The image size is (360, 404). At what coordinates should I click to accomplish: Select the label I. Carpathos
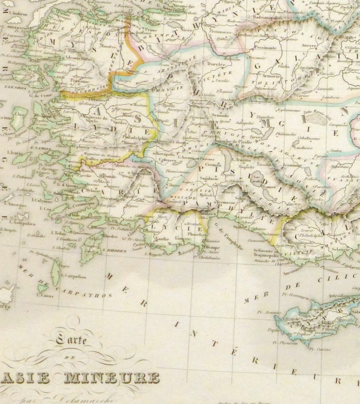tap(73, 277)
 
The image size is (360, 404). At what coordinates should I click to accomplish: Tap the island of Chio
tap(18, 118)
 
